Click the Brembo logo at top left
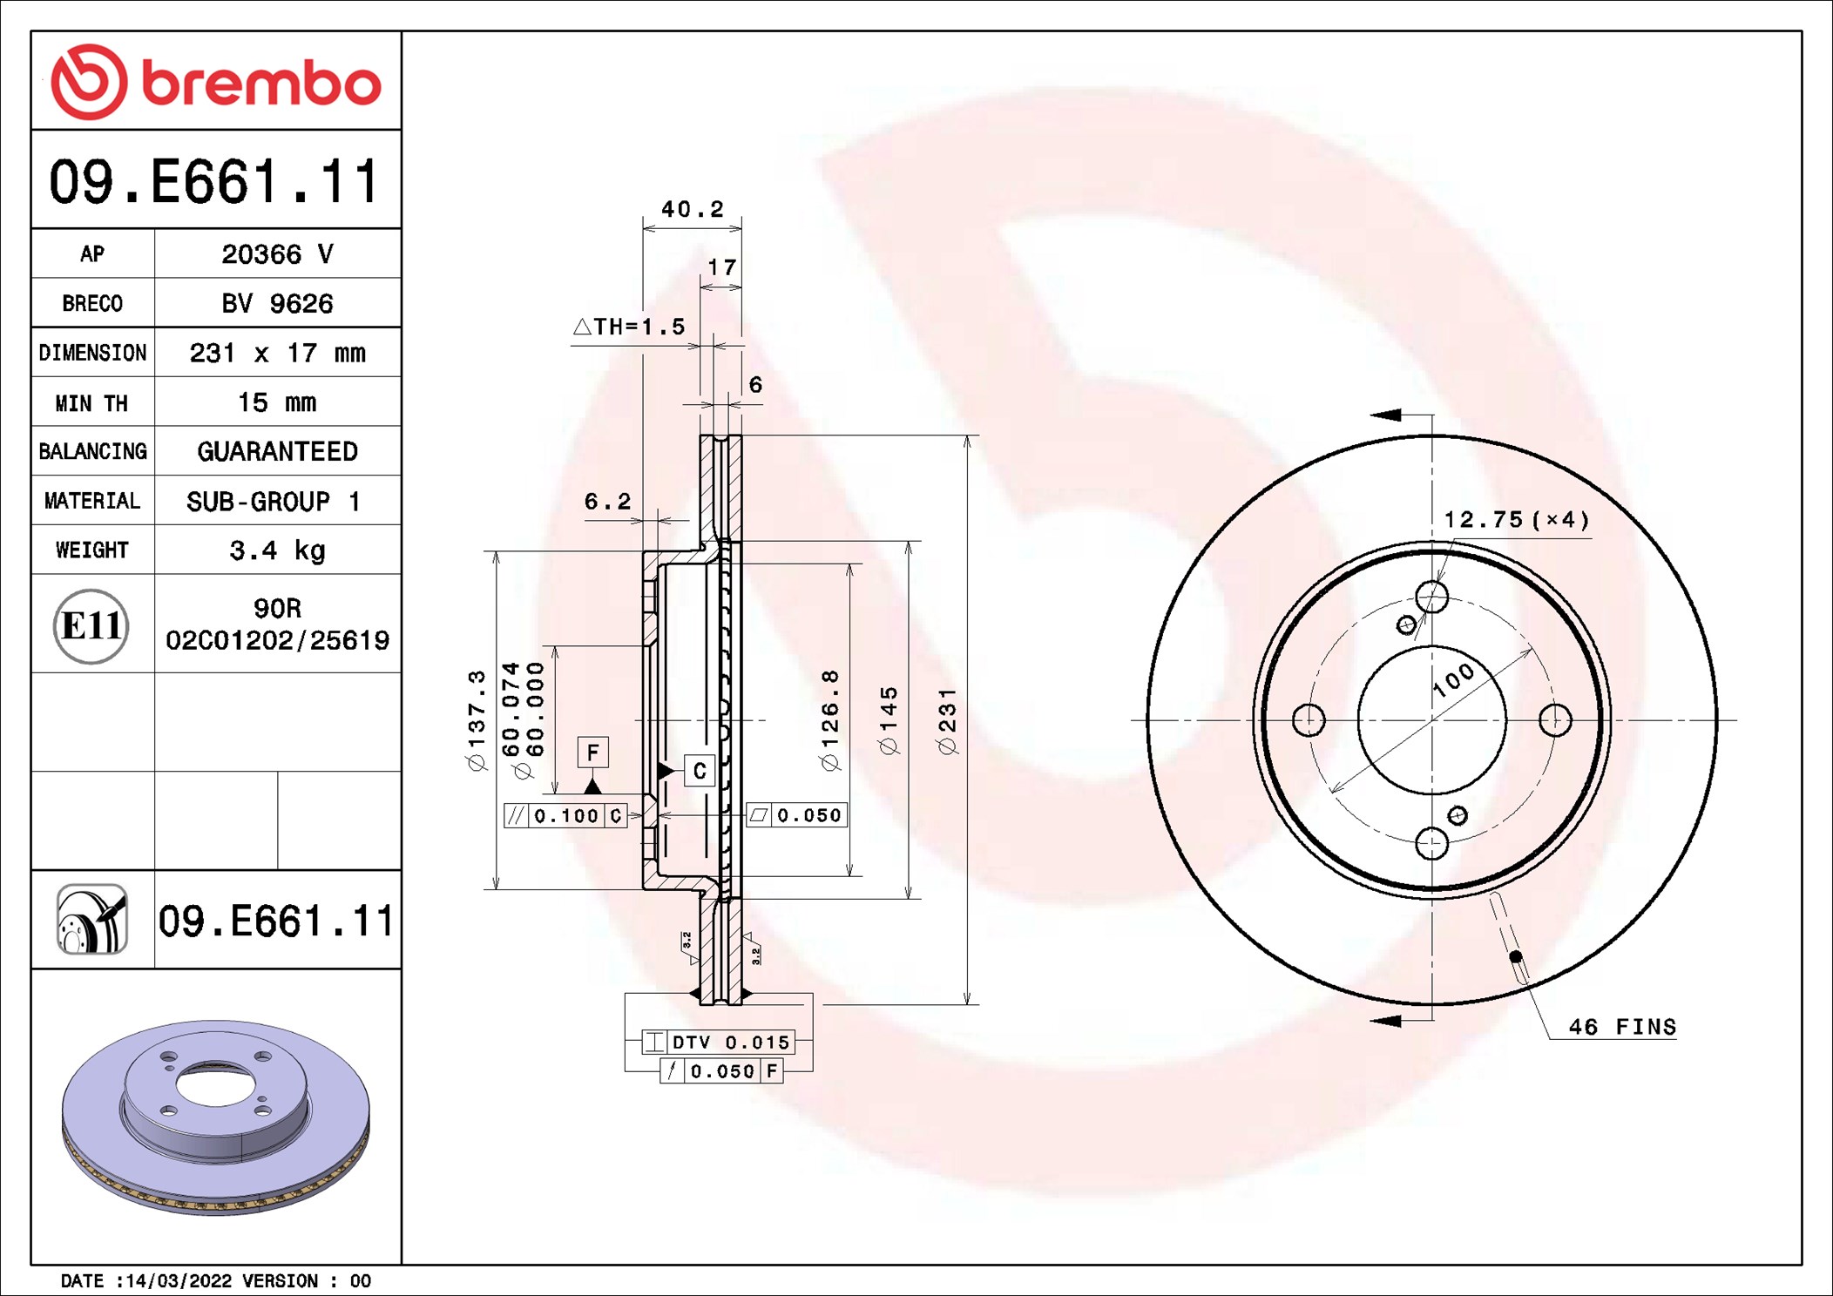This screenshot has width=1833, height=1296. (216, 82)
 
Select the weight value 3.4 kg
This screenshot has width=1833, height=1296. (277, 550)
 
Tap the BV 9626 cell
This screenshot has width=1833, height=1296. (277, 303)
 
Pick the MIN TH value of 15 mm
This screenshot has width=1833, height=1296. (277, 402)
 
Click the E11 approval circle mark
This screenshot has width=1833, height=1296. (91, 626)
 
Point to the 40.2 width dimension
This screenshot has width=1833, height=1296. (693, 209)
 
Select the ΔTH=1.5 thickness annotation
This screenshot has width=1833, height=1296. (629, 327)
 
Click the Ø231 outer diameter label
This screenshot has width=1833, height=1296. (947, 720)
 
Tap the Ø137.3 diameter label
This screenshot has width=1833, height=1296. (477, 720)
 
